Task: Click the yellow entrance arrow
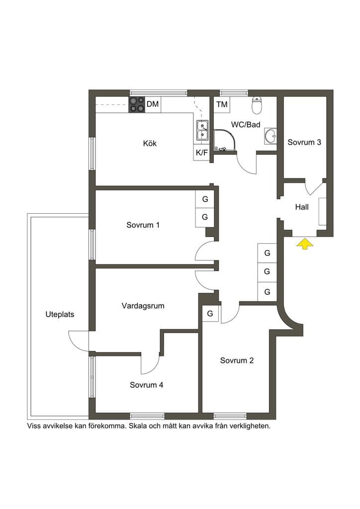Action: click(x=305, y=244)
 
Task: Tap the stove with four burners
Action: click(x=137, y=104)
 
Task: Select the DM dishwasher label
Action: click(x=153, y=104)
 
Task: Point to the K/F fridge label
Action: click(x=201, y=153)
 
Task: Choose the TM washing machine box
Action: click(x=222, y=104)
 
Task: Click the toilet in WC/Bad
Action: click(x=257, y=105)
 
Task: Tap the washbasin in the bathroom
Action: click(x=270, y=136)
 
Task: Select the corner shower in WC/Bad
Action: click(x=224, y=140)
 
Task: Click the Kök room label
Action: click(x=150, y=143)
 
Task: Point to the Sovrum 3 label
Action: click(x=304, y=142)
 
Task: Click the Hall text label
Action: click(x=302, y=207)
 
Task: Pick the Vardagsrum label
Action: click(x=143, y=306)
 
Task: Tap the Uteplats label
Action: click(x=60, y=314)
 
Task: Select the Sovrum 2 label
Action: click(x=237, y=360)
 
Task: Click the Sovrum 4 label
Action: click(x=146, y=385)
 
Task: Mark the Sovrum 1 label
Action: click(x=143, y=225)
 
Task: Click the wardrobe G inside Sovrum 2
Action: click(x=210, y=314)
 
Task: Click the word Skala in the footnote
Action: click(x=138, y=426)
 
